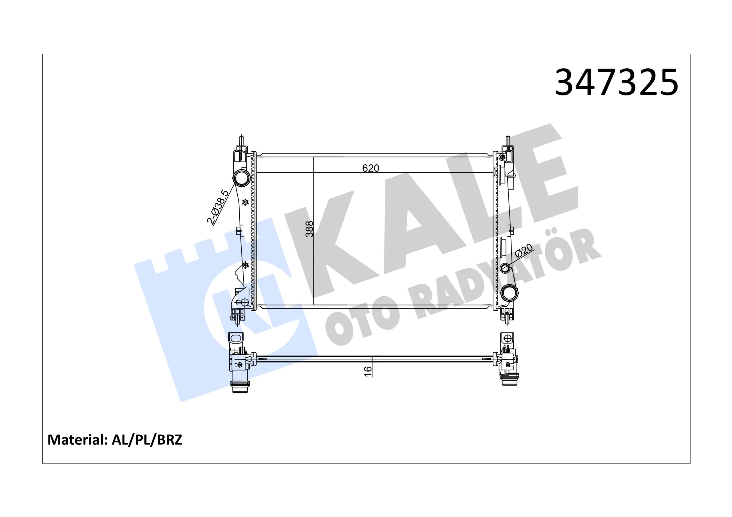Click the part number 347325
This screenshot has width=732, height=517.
[616, 82]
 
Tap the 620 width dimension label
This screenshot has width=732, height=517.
[371, 168]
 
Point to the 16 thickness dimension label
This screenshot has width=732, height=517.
[368, 371]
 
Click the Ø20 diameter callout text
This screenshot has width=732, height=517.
[524, 251]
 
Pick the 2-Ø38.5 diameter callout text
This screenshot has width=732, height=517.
[218, 207]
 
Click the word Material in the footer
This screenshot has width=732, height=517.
[77, 440]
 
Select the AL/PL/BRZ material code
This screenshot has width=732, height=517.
[147, 440]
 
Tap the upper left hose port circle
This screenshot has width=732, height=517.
[242, 178]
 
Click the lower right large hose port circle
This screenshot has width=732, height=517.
[509, 293]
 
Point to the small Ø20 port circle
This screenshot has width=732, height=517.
[506, 268]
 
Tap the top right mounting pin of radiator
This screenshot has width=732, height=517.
[507, 141]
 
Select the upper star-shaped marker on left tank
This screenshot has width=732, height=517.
[245, 202]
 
